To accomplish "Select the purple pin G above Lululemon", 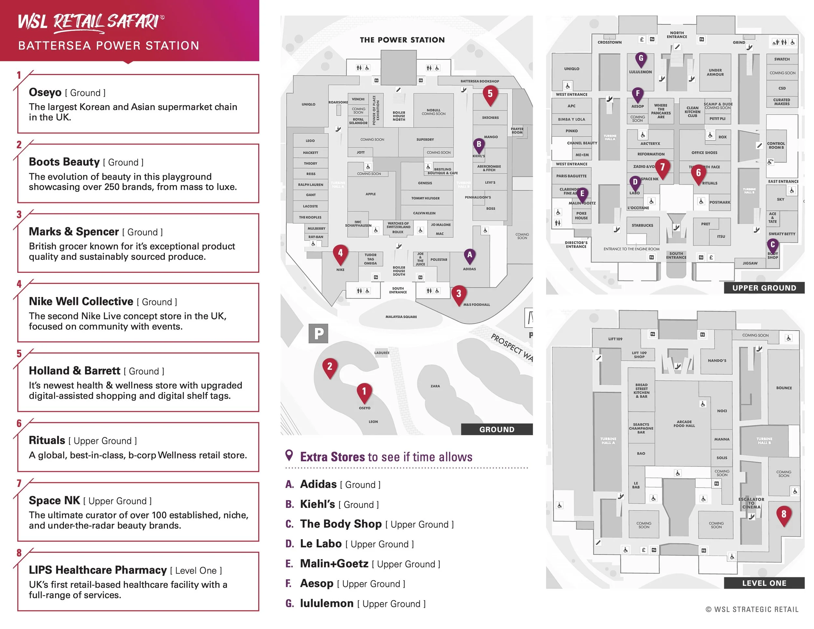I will (x=641, y=59).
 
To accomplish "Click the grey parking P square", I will (x=318, y=333).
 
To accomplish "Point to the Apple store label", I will (x=371, y=194).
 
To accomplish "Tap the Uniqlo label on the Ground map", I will (x=309, y=104).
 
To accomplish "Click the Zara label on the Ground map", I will (x=435, y=386).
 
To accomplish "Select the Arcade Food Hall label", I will (x=684, y=424).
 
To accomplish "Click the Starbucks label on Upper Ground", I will (x=642, y=225).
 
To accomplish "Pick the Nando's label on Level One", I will (x=717, y=361).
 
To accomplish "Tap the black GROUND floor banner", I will (x=497, y=429).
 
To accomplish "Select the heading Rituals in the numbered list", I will (x=47, y=440).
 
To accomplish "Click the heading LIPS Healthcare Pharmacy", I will (x=98, y=570).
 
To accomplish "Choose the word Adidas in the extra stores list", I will (x=318, y=484).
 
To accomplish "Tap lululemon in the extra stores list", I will (x=327, y=603).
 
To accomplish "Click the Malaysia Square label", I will (x=401, y=317).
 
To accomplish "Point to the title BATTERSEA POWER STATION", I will (x=108, y=46).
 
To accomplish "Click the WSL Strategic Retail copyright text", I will (x=752, y=609).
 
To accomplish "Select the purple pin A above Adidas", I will (x=470, y=256).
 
